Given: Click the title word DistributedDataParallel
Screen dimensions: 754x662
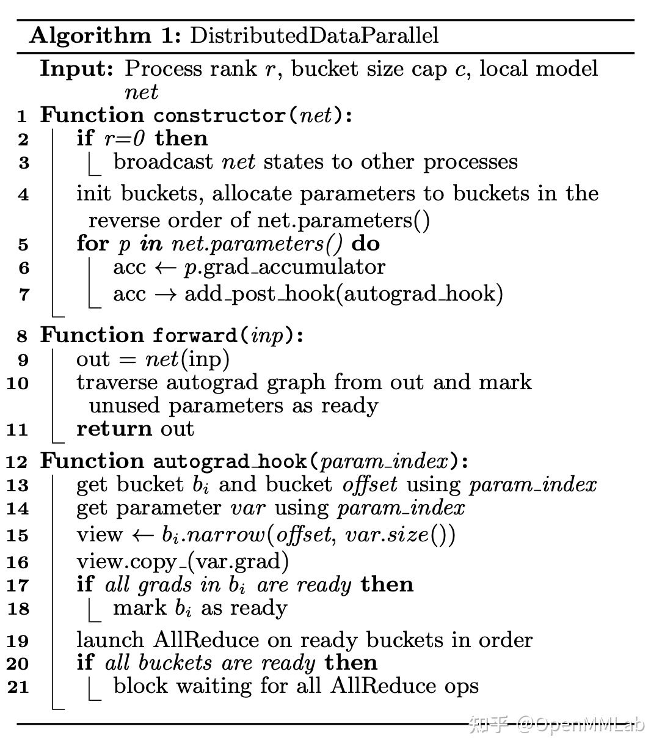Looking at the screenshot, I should click(314, 35).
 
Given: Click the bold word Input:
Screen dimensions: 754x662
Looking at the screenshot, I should click(76, 68).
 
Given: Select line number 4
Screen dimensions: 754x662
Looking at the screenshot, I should click(23, 195).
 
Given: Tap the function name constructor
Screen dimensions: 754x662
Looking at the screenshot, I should click(219, 115).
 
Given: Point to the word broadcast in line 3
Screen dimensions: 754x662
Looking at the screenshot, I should click(162, 162).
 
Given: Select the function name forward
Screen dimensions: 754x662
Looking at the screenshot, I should click(195, 335).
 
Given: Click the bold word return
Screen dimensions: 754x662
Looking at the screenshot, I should click(114, 429).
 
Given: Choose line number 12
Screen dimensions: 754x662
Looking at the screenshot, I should click(18, 462).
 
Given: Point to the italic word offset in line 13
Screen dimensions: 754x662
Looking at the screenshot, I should click(369, 485).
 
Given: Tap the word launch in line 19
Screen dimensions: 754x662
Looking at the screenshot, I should click(110, 640).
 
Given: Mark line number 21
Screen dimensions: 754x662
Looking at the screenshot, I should click(18, 687).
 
